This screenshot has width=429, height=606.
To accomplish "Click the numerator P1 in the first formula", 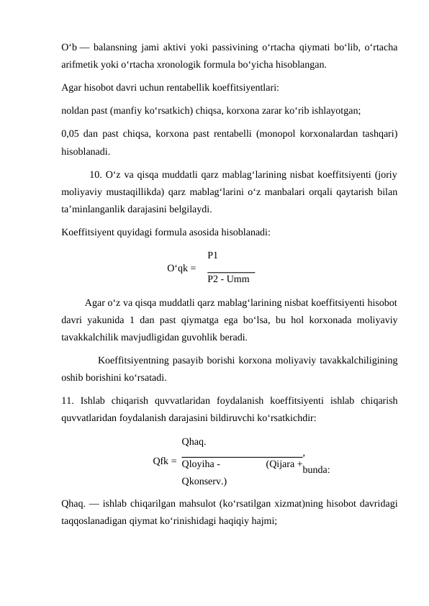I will (213, 255).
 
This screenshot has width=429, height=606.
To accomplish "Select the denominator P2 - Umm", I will (228, 279).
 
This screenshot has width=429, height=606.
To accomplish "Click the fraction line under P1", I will (231, 271).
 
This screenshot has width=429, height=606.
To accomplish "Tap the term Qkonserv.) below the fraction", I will (204, 481).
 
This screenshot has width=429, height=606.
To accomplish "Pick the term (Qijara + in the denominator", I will (283, 464).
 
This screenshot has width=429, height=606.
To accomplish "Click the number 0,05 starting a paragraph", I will (71, 134).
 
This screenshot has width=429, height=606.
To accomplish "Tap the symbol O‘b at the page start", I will (70, 48).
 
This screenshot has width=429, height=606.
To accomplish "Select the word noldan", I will (76, 112).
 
